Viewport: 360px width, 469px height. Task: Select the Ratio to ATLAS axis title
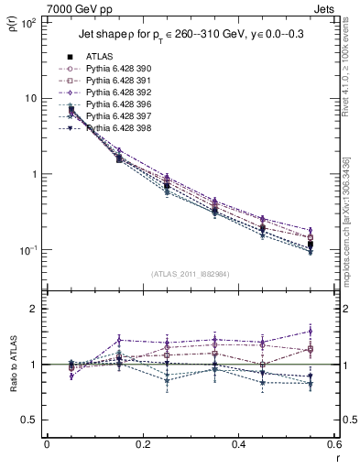pos(11,364)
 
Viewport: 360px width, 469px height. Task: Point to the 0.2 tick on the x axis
pos(142,444)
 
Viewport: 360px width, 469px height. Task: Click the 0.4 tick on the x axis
pos(237,444)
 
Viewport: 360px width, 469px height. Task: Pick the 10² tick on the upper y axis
pos(27,22)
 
